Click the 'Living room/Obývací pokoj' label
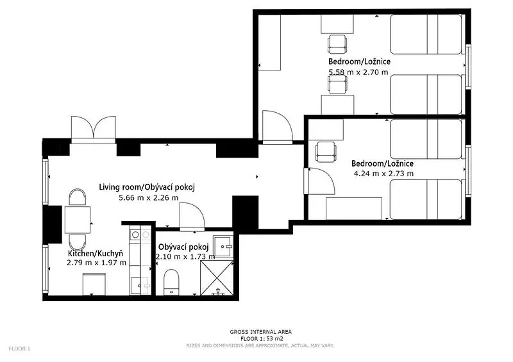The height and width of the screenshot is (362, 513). [147, 187]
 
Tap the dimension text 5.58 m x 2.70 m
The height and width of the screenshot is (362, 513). [358, 72]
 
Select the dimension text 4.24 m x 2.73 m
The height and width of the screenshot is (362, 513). [383, 174]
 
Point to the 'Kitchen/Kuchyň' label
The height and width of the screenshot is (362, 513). [96, 254]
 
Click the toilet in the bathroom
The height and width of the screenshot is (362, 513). [171, 282]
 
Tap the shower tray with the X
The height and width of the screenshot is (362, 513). [217, 278]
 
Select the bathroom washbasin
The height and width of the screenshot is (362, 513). [223, 247]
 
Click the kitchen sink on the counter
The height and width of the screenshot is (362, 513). [140, 286]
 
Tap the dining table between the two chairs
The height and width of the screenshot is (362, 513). [78, 220]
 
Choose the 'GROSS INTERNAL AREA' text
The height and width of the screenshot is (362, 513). [261, 332]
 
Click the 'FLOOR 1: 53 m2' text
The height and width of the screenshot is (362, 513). [262, 339]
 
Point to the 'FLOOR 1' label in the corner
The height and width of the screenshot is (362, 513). [19, 349]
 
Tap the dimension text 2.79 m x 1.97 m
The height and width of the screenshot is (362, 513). [97, 262]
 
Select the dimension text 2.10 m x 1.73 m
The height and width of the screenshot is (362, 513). [185, 257]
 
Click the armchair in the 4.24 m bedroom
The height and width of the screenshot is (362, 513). [326, 152]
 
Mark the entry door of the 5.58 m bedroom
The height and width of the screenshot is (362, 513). [278, 128]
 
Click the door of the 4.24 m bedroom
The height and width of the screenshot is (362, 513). [319, 181]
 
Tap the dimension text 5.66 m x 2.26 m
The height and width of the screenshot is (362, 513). [149, 197]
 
